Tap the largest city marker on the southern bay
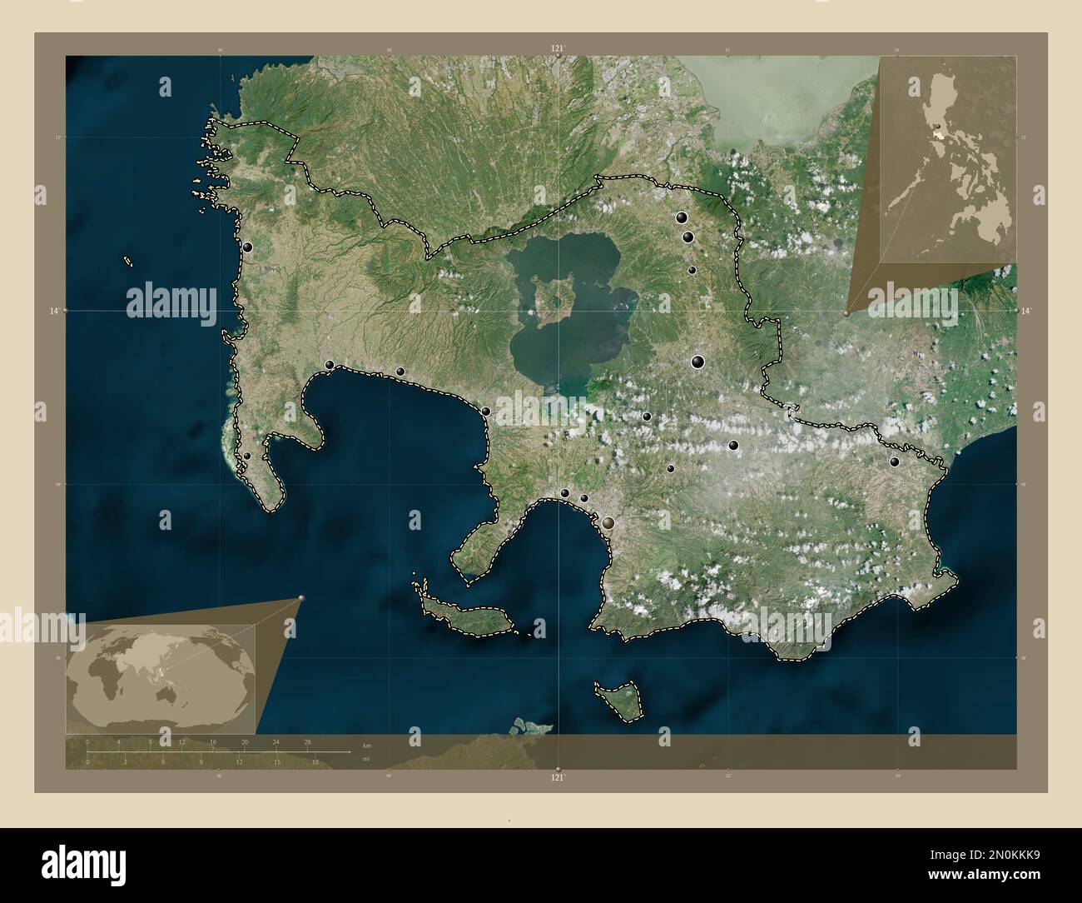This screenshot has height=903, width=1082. pos(610,522)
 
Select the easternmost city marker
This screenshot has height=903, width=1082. pos(895,461)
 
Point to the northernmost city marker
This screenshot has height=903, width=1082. pos(682,218)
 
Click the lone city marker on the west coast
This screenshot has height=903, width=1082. pos(248,247)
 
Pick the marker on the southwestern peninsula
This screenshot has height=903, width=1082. pos(246,456)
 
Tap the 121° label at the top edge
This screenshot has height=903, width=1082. pos(558,48)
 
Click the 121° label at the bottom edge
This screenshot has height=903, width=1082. pos(558,778)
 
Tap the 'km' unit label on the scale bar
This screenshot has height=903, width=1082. pos(367,744)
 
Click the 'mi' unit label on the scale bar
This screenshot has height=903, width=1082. pos(366,759)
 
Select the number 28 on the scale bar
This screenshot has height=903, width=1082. pos(308,741)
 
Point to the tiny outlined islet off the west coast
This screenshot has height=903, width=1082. pos(129,261)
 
